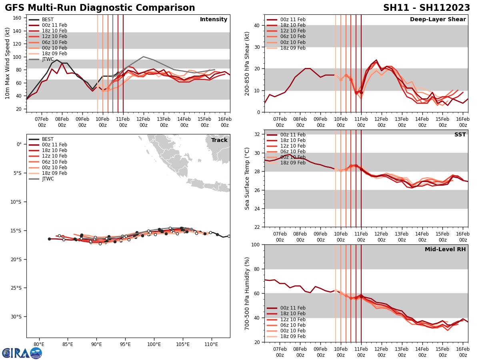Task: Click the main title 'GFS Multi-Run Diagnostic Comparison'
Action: pyautogui.click(x=100, y=8)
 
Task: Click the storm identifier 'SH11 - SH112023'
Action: pyautogui.click(x=426, y=8)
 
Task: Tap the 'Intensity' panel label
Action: pyautogui.click(x=214, y=20)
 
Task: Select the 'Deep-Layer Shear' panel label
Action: pyautogui.click(x=438, y=20)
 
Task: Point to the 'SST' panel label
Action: pyautogui.click(x=460, y=135)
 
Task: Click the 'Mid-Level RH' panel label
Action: pyautogui.click(x=445, y=250)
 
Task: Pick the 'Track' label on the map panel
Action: pyautogui.click(x=220, y=140)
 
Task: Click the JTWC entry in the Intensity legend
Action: pyautogui.click(x=48, y=59)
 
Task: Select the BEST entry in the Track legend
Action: pyautogui.click(x=48, y=139)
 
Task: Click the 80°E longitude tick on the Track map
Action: pyautogui.click(x=39, y=344)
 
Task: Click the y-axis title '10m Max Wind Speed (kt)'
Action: pyautogui.click(x=7, y=63)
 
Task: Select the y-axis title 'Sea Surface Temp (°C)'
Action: pyautogui.click(x=247, y=178)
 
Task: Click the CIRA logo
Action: pyautogui.click(x=22, y=353)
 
